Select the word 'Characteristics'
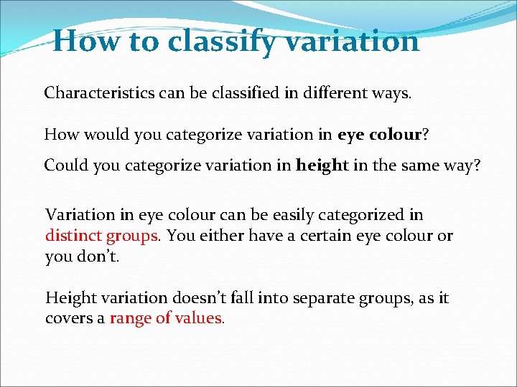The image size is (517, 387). point(93,93)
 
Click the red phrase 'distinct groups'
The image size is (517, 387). point(102,236)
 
